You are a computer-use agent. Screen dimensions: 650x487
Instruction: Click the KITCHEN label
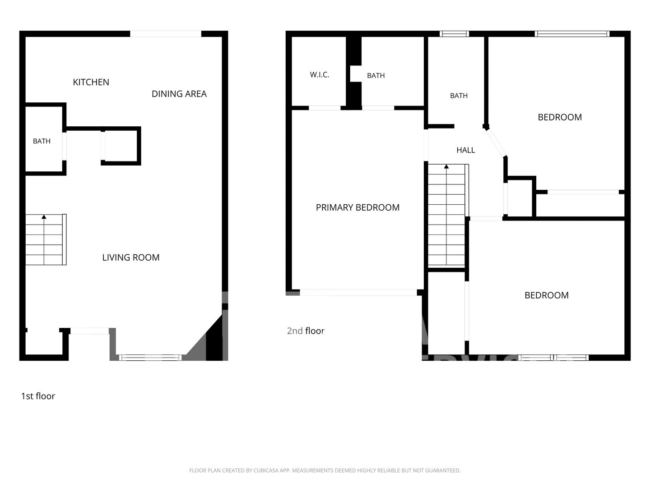click(91, 82)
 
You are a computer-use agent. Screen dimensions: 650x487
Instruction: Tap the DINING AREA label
click(179, 94)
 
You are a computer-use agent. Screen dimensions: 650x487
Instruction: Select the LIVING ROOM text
click(131, 257)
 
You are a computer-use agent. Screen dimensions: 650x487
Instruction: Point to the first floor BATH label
click(42, 141)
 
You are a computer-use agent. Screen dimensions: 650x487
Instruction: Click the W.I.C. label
click(320, 75)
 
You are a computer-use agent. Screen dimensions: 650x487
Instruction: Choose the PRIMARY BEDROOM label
click(357, 207)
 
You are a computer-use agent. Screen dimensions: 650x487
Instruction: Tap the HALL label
click(466, 150)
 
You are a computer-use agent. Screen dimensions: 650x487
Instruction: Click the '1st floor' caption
click(38, 396)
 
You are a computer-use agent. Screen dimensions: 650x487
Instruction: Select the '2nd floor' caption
click(306, 331)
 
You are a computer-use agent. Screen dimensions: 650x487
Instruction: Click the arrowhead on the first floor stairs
click(44, 217)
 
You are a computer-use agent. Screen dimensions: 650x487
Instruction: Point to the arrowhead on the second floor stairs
click(446, 167)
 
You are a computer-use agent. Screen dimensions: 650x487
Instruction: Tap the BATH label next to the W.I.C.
click(376, 76)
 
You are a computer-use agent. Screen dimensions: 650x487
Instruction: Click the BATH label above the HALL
click(459, 96)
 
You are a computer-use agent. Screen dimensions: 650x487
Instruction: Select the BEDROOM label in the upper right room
click(560, 117)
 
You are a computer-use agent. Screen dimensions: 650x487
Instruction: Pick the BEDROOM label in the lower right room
click(547, 295)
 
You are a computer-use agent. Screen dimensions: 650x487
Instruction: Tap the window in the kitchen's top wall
click(166, 34)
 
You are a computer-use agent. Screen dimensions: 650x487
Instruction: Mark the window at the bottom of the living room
click(150, 358)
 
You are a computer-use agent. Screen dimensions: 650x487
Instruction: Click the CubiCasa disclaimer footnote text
click(325, 470)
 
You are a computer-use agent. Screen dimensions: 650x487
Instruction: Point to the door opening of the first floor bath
click(64, 147)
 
